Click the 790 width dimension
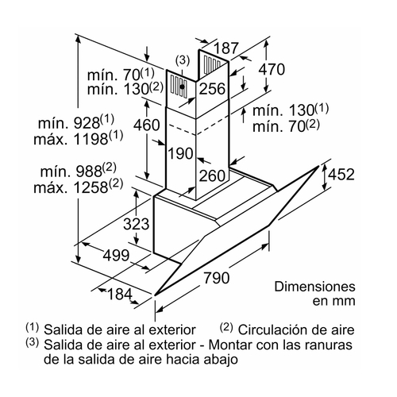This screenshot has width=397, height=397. pos(217,278)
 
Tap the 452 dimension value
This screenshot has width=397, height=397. pos(341,175)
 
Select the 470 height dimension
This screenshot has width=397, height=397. pos(272,69)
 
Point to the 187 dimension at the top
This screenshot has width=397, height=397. pos(226,48)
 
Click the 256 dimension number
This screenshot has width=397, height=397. pos(212,89)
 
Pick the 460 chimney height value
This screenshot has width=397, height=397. pos(147,125)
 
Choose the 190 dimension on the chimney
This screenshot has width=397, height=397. pos(180,153)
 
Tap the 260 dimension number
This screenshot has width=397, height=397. pos(212,175)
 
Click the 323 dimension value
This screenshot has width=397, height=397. pos(137,224)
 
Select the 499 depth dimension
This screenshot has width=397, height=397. pos(116,256)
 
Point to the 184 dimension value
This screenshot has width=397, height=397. pos(120,295)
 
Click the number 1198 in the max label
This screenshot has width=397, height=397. pos(91,139)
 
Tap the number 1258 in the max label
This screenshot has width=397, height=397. pos(91,187)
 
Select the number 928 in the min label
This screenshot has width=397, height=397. pos(87,123)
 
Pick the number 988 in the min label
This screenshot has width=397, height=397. pos(89,172)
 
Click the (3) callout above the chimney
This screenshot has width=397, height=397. pos(183,60)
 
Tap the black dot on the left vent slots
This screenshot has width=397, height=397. pos(183,87)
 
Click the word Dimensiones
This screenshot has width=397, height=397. pos(314,287)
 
